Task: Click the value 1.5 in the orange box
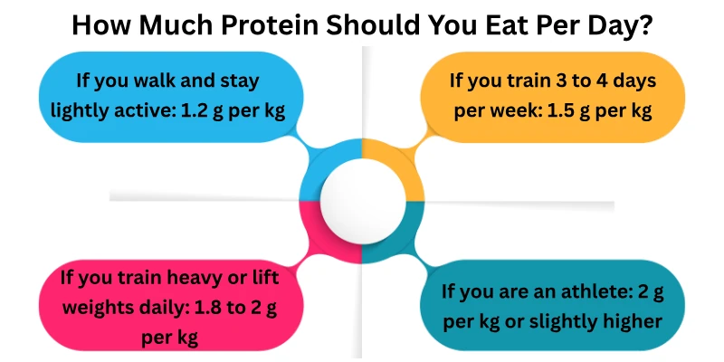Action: point(551,111)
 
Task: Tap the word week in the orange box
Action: point(502,111)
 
